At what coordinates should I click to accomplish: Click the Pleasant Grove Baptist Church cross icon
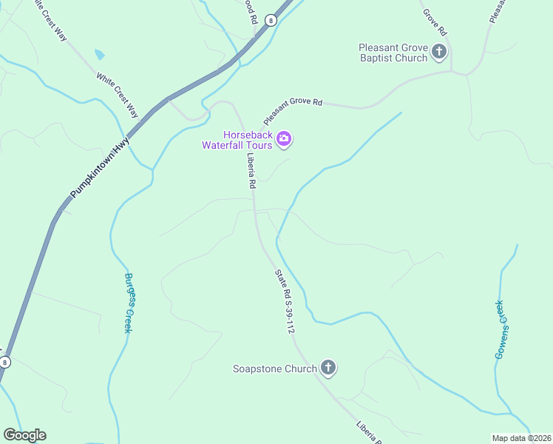click(439, 52)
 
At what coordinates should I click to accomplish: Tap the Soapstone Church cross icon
click(329, 368)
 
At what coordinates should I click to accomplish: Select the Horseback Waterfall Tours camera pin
click(283, 139)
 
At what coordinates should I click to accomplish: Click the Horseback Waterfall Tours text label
click(237, 140)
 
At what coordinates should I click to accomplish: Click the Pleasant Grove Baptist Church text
click(393, 52)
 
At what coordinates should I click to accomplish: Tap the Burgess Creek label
click(128, 303)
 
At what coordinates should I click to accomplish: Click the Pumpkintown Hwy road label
click(100, 166)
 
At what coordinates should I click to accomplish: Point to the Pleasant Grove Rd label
click(294, 110)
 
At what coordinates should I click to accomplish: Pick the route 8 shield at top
click(271, 21)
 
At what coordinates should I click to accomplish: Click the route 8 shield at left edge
click(5, 362)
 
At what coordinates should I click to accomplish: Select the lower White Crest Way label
click(117, 94)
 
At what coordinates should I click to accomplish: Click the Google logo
click(24, 435)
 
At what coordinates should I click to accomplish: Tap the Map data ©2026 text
click(521, 438)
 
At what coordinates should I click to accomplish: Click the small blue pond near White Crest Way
click(99, 54)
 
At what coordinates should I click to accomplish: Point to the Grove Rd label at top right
click(435, 21)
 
